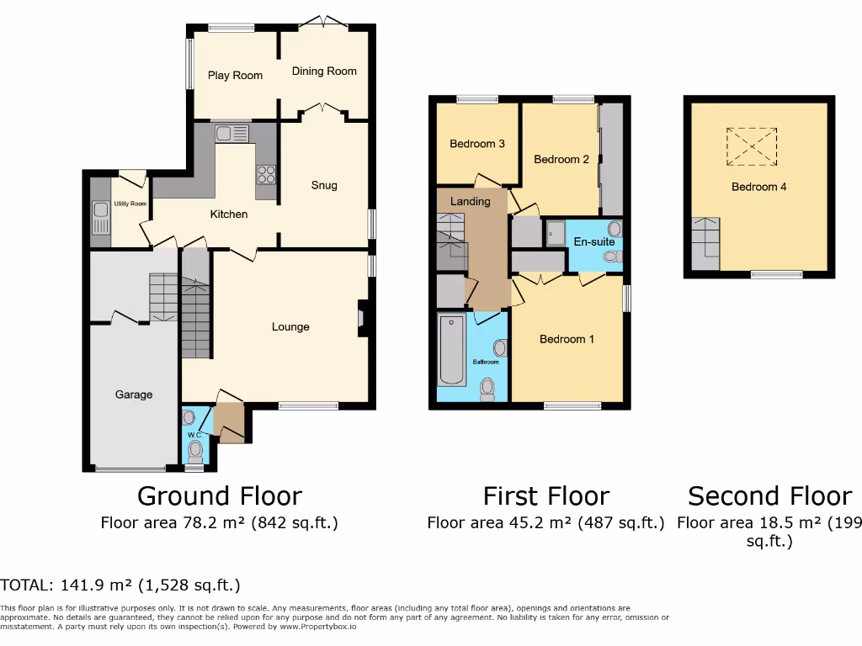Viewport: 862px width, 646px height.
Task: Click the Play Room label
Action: (x=235, y=76)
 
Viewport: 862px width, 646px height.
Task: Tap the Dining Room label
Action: (x=324, y=71)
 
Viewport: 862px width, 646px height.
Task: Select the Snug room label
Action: (x=324, y=186)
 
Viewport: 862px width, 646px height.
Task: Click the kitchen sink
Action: (x=231, y=133)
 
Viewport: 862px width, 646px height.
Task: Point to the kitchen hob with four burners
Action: (x=266, y=175)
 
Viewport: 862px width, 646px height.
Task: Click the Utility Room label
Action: (x=130, y=204)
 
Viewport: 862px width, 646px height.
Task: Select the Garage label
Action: (x=134, y=394)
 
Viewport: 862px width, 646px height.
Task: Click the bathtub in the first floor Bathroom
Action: (x=449, y=350)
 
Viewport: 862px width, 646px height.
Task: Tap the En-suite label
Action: (x=592, y=242)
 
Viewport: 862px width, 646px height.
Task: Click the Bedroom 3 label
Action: (x=476, y=144)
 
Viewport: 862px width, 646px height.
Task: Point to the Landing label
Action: (x=470, y=202)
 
